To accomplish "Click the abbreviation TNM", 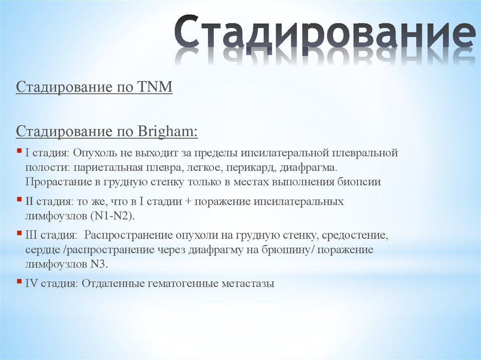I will tap(155, 87).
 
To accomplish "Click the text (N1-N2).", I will tap(117, 216).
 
